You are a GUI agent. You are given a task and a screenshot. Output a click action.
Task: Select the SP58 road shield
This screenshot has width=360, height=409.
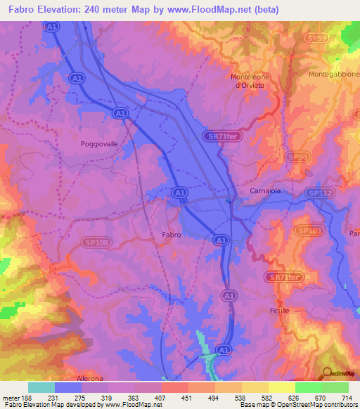(297, 157)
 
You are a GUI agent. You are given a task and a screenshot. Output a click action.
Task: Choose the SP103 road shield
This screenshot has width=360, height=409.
(308, 231)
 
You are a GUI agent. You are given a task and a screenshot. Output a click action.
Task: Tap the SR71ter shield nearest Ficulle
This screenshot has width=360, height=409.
(285, 278)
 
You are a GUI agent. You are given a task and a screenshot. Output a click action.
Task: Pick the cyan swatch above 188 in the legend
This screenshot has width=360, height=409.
(41, 387)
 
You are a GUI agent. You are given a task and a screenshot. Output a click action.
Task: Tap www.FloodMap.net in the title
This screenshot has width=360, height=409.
(218, 10)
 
